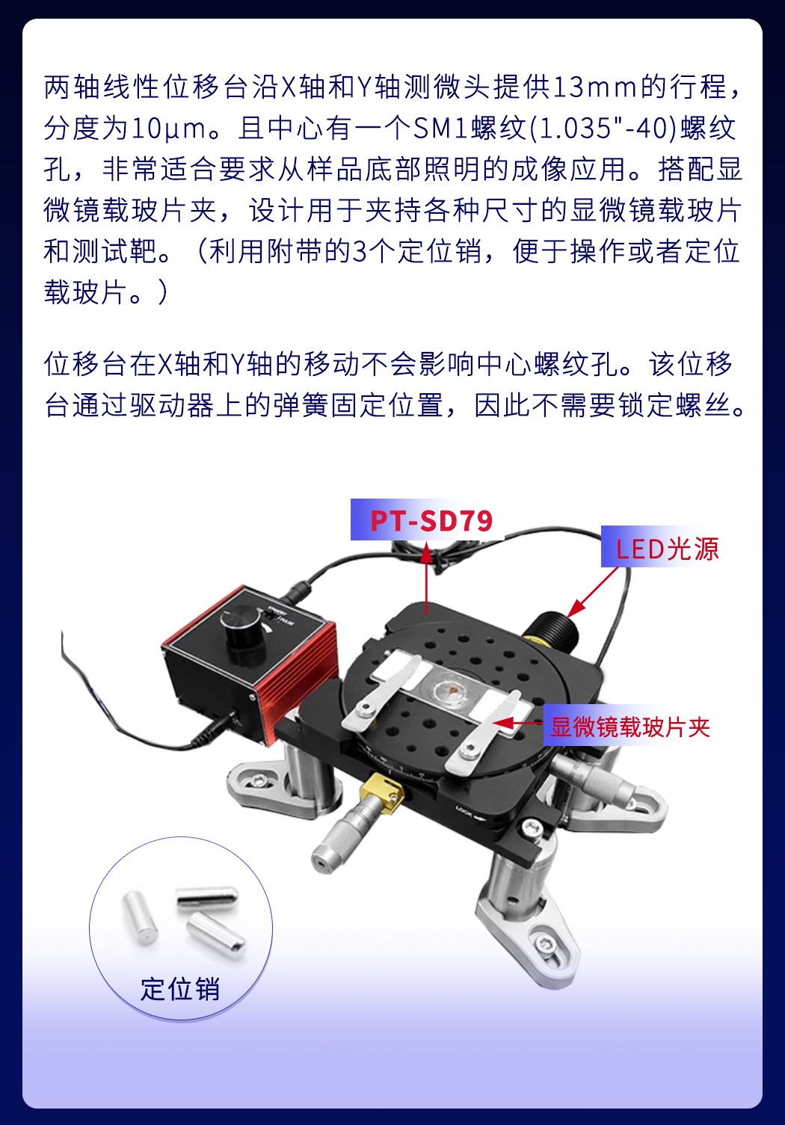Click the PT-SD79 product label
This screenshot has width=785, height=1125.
[x=431, y=520]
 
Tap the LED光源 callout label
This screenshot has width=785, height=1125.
[x=667, y=549]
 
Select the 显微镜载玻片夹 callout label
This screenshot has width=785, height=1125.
[x=629, y=727]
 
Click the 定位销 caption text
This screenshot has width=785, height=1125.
[x=180, y=988]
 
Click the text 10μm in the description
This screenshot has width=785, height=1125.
[x=169, y=129]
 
